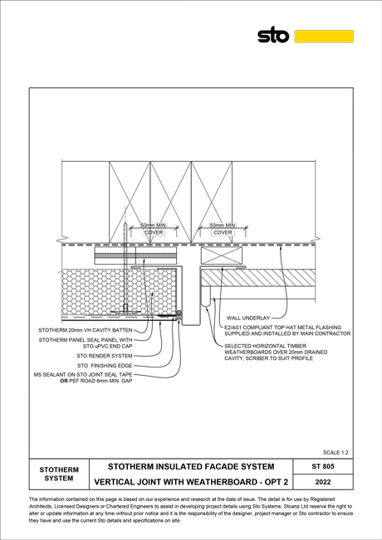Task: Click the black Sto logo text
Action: (273, 35)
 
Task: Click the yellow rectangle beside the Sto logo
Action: (324, 36)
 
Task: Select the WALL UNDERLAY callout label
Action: (248, 318)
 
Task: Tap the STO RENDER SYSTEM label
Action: (105, 356)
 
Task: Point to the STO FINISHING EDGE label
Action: (105, 366)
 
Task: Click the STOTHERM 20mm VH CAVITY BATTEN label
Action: (86, 330)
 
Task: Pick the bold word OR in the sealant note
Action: (64, 381)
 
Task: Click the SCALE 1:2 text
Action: (335, 452)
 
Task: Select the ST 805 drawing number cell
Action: (323, 466)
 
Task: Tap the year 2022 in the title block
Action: (323, 482)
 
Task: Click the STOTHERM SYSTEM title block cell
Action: (59, 474)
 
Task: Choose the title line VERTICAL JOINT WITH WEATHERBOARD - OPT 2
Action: (191, 482)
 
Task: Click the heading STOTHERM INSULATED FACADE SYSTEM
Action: (191, 467)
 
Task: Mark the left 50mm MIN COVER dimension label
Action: (154, 229)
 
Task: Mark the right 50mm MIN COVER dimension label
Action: (223, 229)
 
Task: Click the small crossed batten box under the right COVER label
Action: (222, 255)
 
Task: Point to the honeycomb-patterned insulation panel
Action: (119, 292)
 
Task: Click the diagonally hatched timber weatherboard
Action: (258, 278)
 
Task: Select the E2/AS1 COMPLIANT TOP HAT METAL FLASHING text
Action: (282, 328)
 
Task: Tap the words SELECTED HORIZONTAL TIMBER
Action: (265, 346)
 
